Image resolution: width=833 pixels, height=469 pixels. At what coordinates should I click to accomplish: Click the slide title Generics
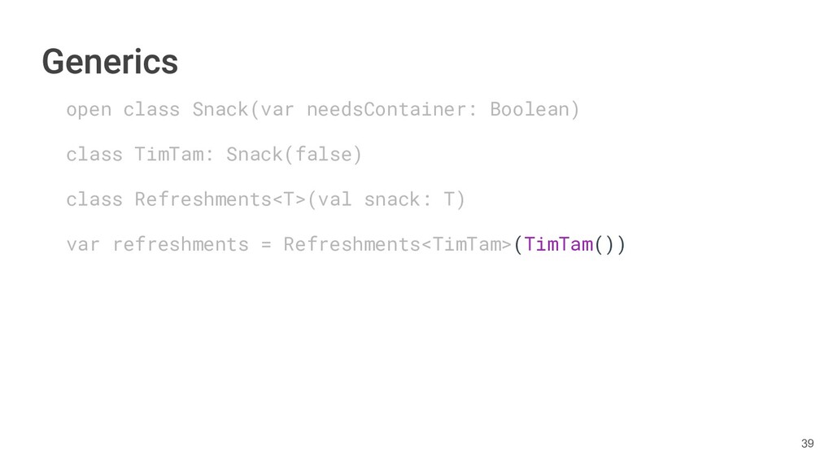(110, 61)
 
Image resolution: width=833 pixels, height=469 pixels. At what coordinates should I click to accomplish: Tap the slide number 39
(807, 443)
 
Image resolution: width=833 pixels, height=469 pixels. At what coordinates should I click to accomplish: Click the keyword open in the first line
(89, 109)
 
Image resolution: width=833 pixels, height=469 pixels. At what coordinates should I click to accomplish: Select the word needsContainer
(386, 109)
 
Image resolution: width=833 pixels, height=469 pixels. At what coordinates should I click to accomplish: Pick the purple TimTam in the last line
(558, 244)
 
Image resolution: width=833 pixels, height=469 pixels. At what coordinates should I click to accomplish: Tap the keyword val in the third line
(334, 199)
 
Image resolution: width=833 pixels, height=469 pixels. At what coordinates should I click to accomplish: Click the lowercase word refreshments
(181, 244)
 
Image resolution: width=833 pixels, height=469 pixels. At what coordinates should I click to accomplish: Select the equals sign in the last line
(266, 244)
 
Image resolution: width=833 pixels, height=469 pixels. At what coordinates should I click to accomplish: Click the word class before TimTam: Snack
(94, 154)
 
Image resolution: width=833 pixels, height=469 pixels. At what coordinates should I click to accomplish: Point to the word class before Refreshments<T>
(94, 199)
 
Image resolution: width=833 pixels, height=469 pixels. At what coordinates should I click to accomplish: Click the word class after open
(151, 109)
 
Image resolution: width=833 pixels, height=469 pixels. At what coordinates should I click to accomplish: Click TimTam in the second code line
(168, 154)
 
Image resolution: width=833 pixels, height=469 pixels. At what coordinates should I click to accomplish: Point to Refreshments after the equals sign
(351, 244)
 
